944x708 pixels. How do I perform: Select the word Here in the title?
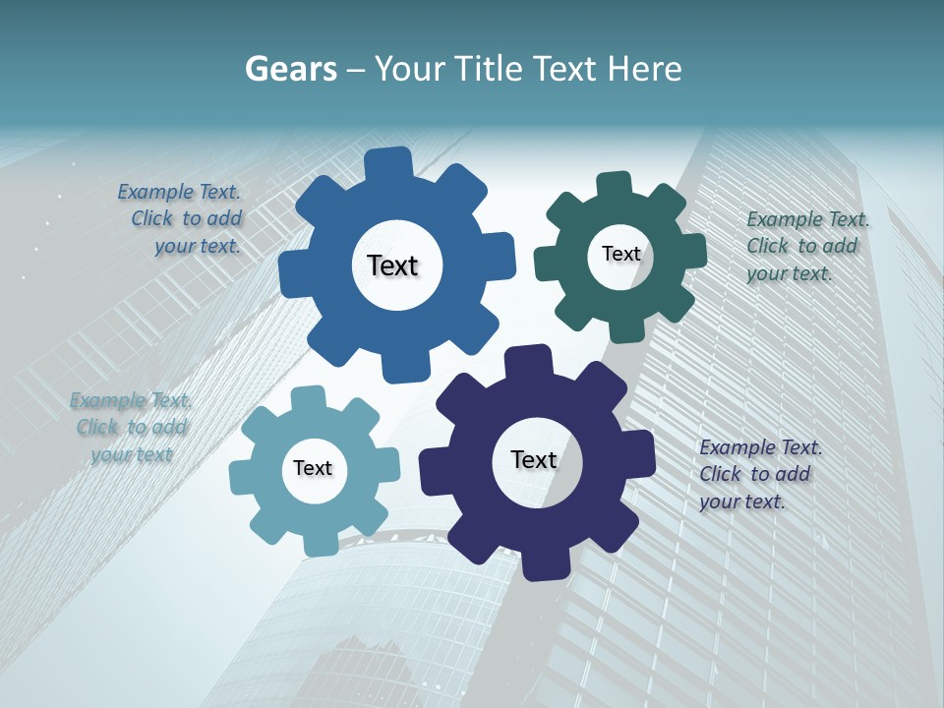click(x=644, y=68)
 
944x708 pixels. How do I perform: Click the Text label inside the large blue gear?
click(x=393, y=265)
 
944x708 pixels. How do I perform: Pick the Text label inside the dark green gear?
click(x=620, y=254)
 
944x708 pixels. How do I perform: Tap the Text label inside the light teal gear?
click(x=313, y=468)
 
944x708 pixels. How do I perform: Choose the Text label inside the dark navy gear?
click(x=534, y=459)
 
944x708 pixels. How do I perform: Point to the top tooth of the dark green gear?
click(x=614, y=186)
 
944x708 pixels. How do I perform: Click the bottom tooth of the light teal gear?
click(x=321, y=542)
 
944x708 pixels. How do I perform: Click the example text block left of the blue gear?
click(x=182, y=219)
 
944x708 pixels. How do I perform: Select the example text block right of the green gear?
click(x=806, y=246)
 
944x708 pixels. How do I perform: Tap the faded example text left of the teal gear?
click(x=131, y=427)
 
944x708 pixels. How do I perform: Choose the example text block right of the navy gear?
click(x=759, y=474)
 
